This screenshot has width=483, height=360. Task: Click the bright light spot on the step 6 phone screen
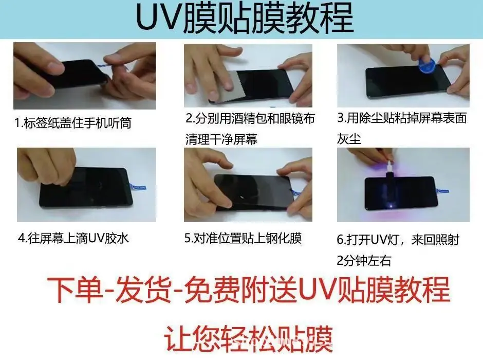click(x=391, y=205)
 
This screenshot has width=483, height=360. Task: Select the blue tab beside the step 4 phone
click(x=137, y=187)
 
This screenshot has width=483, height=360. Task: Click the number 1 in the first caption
click(x=17, y=123)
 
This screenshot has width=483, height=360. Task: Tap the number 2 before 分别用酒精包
click(x=189, y=118)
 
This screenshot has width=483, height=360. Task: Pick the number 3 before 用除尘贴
click(x=341, y=117)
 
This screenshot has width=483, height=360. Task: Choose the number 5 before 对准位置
click(x=188, y=238)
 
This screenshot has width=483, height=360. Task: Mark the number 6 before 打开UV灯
click(x=340, y=240)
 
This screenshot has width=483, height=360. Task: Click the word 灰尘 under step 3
click(x=349, y=139)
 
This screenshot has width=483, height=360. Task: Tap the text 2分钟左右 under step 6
click(x=364, y=261)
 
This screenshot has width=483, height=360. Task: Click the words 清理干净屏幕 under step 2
click(x=221, y=139)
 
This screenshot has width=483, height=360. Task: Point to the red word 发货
click(x=143, y=290)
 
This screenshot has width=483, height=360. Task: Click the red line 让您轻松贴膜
click(x=248, y=338)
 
